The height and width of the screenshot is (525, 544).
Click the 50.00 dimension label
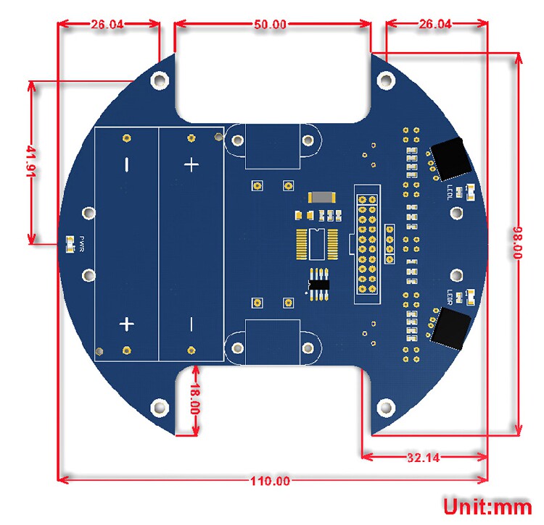coord(270,24)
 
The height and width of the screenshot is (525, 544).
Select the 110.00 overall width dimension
coord(270,481)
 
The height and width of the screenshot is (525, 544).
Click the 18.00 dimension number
coord(194,399)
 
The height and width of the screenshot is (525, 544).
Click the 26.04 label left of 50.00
coord(107,24)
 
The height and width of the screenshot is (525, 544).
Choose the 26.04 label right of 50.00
coord(434,24)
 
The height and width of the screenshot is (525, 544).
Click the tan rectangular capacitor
coord(320,197)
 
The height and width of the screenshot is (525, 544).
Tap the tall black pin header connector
coord(366,244)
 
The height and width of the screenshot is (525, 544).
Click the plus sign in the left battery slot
coord(126,323)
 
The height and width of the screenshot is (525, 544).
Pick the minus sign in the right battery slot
coord(191,323)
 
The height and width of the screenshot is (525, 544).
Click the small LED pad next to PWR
coord(70,244)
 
